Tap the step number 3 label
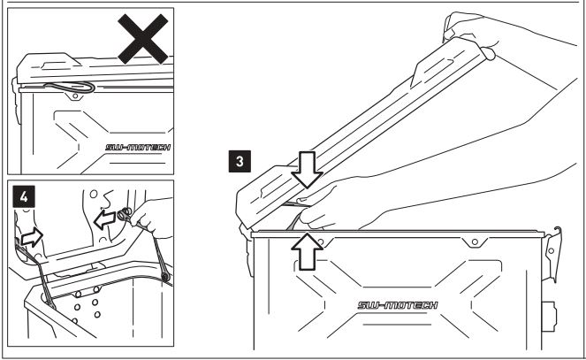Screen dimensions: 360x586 click(x=236, y=162)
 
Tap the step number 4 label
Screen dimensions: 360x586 click(x=25, y=196)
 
